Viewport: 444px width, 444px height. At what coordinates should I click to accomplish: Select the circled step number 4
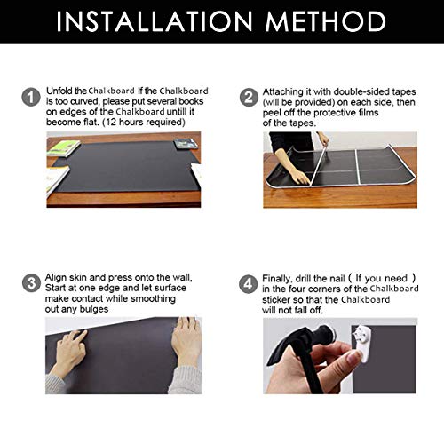[x=249, y=284]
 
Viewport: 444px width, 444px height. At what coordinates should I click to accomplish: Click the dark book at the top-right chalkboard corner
[x=185, y=144]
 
